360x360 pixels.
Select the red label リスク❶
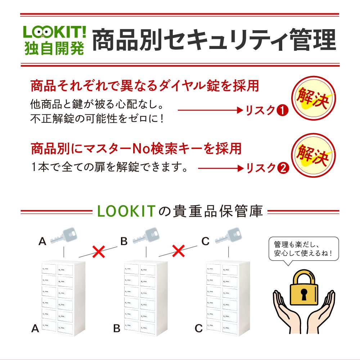[267, 111]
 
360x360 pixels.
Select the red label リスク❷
[267, 168]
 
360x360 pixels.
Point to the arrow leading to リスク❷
[220, 168]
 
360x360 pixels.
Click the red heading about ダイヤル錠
[145, 86]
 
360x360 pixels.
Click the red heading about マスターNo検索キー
[136, 148]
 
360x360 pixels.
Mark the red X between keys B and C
[178, 251]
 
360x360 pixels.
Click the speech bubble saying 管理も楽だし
[303, 248]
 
